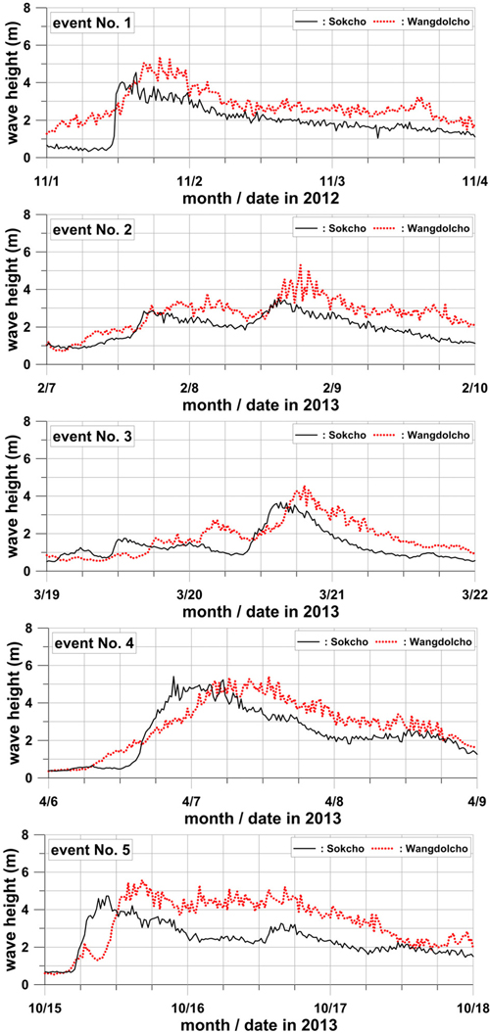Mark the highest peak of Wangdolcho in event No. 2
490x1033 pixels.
click(300, 264)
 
